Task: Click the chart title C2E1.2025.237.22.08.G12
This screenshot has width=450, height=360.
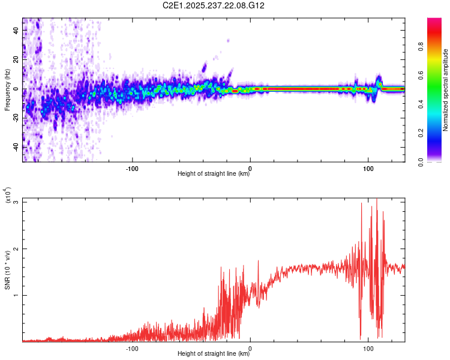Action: [214, 5]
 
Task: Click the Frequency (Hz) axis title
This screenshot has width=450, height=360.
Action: [7, 89]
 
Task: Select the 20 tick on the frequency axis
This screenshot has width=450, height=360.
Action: [17, 60]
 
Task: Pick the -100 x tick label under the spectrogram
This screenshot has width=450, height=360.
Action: [133, 167]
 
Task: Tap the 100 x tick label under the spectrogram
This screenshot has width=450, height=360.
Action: [368, 167]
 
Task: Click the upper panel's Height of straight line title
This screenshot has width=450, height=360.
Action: [214, 174]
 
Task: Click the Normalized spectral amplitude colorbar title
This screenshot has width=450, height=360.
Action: [446, 90]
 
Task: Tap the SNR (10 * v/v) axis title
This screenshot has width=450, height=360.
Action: [8, 269]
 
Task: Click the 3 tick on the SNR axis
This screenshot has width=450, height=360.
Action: [15, 202]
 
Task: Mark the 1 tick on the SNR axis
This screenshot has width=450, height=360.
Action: [15, 295]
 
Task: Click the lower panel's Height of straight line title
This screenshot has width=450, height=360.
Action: [214, 353]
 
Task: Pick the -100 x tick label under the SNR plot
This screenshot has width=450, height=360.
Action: [133, 347]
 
